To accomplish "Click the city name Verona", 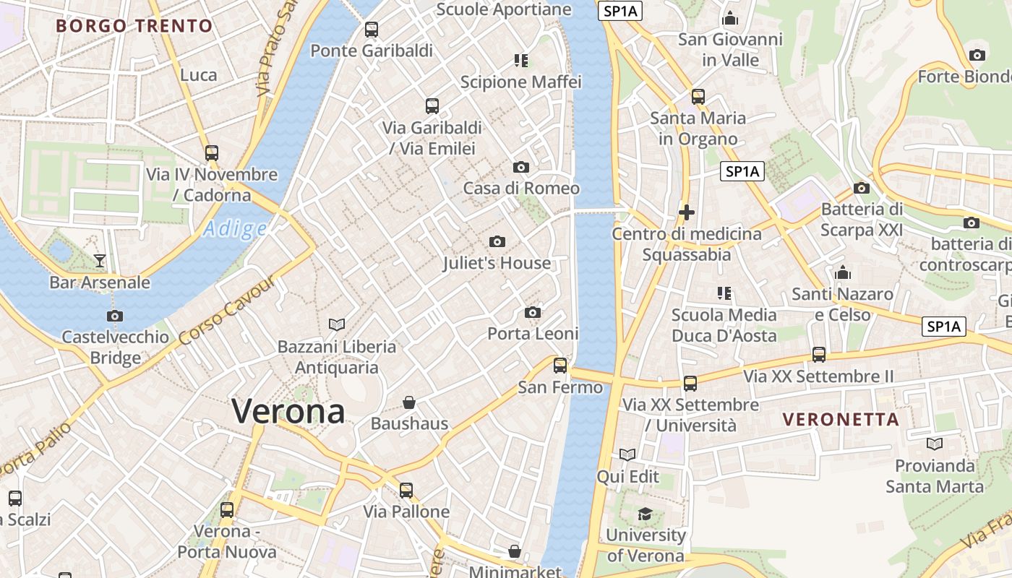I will point(288,411).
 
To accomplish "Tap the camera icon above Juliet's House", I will point(497,242).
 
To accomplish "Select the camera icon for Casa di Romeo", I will point(520,168).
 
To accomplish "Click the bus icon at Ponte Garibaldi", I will point(372,30).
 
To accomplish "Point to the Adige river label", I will point(235,229).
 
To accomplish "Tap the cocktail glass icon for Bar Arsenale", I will point(100,260).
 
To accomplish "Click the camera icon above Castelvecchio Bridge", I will point(115,316).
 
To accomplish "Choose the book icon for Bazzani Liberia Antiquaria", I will point(337,325).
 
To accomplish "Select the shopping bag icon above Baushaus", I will point(409,402).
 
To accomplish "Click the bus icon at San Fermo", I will point(560,366).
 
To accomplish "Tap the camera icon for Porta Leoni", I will point(533,313).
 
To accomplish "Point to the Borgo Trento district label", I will point(134,26).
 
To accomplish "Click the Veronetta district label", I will point(841,419).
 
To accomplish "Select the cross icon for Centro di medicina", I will point(687,212).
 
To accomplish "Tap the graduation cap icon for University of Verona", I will point(645,514).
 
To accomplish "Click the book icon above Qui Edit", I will point(627,455).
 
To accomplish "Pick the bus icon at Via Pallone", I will point(406,491).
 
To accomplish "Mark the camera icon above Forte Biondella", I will point(977,56).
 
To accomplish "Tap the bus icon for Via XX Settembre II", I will point(819,355).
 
